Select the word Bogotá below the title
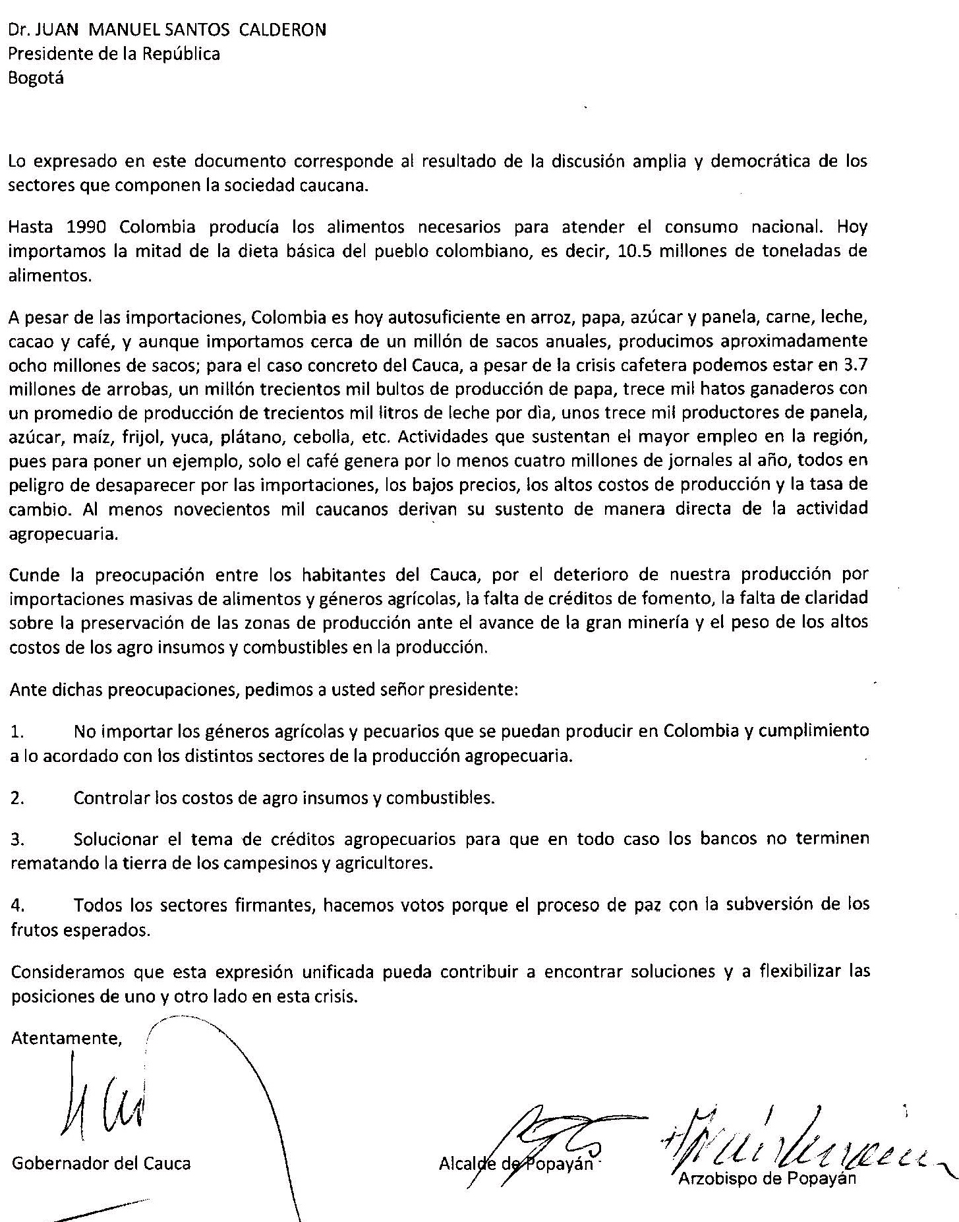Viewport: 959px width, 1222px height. click(x=36, y=78)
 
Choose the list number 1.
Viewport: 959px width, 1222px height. click(x=18, y=732)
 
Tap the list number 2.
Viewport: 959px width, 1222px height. click(x=18, y=798)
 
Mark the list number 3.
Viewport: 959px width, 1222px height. click(x=18, y=840)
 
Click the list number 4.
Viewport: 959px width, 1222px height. click(x=18, y=906)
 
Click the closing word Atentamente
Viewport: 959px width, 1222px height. click(x=67, y=1038)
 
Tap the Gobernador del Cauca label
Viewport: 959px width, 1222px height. click(x=101, y=1163)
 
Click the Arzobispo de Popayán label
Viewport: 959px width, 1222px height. click(x=767, y=1177)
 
